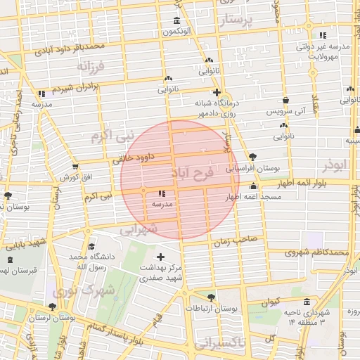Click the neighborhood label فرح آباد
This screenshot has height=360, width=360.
click(x=192, y=172)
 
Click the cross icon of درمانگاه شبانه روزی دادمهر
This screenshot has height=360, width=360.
click(x=217, y=92)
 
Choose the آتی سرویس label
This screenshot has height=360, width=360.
click(x=275, y=112)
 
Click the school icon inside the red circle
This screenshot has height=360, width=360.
click(x=162, y=193)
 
